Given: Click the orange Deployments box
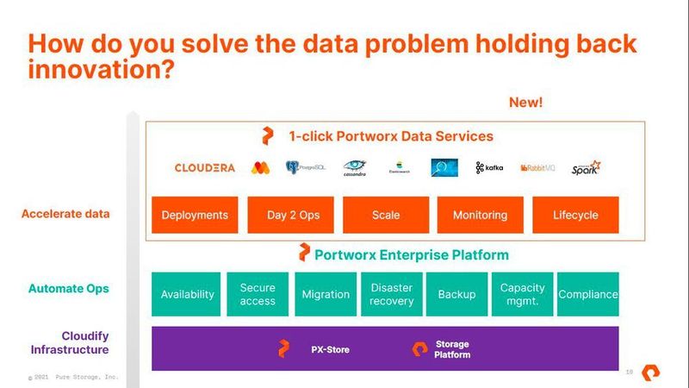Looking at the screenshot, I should point(195,215).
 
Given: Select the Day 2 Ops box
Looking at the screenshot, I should point(293,215).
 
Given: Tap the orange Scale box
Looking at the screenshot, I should point(386,215).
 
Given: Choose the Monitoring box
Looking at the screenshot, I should point(480,215).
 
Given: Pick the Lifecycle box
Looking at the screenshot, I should point(575,215).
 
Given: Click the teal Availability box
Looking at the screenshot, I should point(187,294).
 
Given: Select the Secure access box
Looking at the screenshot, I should point(258,294).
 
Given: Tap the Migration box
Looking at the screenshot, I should point(326,294).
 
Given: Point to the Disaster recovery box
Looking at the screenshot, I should point(392,294).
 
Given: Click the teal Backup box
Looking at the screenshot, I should point(456,294).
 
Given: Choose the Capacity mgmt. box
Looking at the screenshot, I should point(523,294).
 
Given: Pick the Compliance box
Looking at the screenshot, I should point(588,294).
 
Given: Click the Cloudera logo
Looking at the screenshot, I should point(204,167).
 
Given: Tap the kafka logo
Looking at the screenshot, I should point(489,167).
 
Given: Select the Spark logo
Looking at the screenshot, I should point(586,167).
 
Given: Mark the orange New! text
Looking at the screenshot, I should point(526,103).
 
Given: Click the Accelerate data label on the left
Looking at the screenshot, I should point(65,214).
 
